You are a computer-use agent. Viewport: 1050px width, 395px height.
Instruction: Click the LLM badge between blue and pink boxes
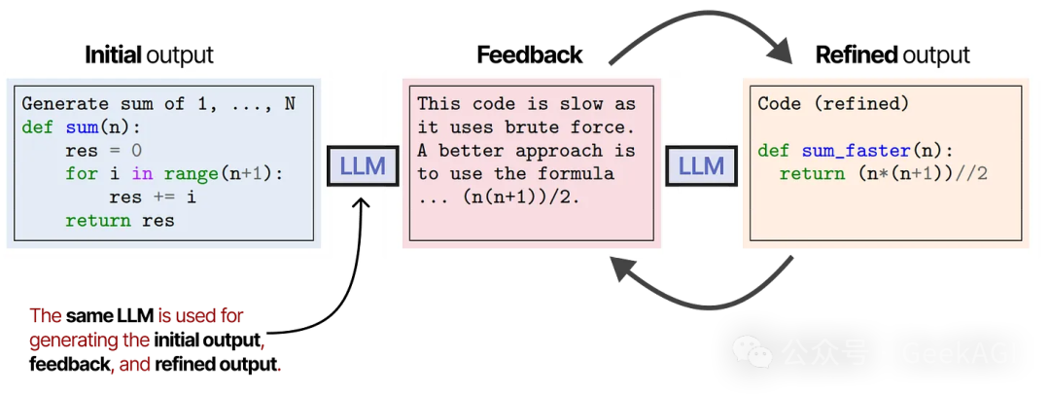click(x=357, y=166)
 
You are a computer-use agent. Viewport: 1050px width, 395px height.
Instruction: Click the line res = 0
click(x=103, y=151)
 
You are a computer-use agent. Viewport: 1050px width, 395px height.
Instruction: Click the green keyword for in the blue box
click(x=82, y=174)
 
